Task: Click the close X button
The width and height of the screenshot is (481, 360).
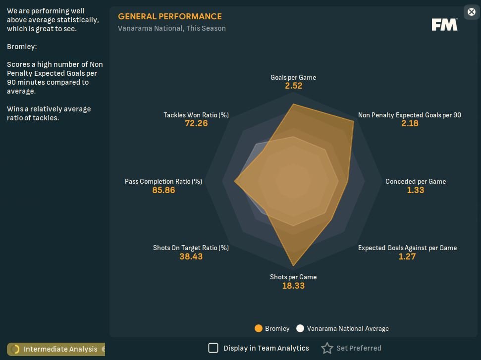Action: (471, 12)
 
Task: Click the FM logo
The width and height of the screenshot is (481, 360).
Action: (444, 25)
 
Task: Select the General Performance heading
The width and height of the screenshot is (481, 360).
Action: (170, 16)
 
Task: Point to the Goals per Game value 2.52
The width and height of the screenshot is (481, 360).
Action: (293, 86)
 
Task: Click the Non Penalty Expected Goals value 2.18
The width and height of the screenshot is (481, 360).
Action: (410, 123)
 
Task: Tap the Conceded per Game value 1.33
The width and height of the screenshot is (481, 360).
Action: (415, 190)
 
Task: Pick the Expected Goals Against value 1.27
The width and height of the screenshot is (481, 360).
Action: (407, 257)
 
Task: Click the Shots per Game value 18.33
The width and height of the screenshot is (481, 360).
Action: (293, 286)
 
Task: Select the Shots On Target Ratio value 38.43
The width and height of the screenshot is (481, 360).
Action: (191, 257)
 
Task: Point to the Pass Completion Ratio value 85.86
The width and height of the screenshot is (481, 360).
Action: (163, 190)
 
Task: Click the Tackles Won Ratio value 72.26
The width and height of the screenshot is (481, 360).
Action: (196, 123)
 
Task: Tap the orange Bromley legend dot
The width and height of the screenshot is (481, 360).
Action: (258, 328)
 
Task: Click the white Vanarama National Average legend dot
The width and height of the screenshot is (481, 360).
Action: (300, 328)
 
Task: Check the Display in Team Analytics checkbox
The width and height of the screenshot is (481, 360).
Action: (213, 348)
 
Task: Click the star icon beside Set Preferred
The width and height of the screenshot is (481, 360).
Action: (327, 348)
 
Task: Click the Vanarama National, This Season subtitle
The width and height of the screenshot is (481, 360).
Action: (171, 28)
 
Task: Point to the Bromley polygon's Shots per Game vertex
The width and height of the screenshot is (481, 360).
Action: (293, 266)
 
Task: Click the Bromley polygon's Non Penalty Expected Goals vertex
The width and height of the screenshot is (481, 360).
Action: (354, 121)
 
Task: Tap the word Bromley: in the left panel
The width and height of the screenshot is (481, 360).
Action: (22, 47)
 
